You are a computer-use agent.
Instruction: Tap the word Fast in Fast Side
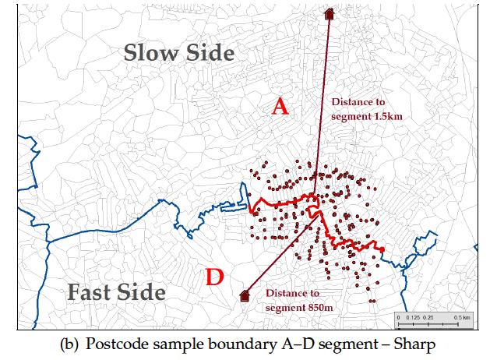tap(91, 293)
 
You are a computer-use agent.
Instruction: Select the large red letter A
tap(280, 108)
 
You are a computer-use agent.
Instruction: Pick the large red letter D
tap(214, 277)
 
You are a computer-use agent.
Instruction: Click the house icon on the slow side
tap(330, 13)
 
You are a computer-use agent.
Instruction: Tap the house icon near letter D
tap(244, 295)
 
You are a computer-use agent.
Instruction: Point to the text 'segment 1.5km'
tap(367, 116)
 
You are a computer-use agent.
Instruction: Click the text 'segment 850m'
tap(300, 308)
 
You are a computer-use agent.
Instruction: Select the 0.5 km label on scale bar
tap(461, 318)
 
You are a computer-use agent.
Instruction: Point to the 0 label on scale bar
tap(398, 318)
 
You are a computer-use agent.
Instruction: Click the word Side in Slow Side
tap(207, 53)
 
